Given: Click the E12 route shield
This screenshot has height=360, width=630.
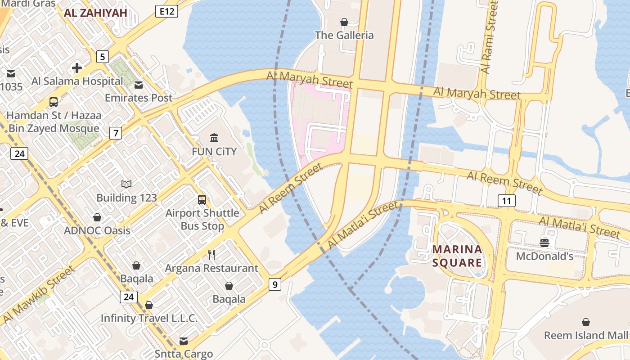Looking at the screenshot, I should [x=166, y=11].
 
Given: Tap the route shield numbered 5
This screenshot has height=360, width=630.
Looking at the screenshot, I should [x=103, y=57].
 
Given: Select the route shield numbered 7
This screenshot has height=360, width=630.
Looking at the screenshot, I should [x=116, y=133].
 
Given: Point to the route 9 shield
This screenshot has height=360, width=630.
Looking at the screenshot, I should [x=275, y=284].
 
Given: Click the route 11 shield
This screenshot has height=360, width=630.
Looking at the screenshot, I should [x=506, y=201].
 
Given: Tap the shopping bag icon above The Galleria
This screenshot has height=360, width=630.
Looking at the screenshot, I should [x=344, y=22].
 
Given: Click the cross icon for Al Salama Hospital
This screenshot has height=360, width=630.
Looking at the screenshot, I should [x=77, y=68].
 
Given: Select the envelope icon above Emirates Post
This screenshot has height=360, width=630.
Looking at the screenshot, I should [x=139, y=85].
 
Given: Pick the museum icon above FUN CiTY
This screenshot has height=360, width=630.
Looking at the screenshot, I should [x=214, y=138].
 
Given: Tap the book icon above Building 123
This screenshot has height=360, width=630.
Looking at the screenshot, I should [x=126, y=184].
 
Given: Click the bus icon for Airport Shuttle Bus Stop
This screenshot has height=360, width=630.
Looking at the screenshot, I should [x=202, y=199].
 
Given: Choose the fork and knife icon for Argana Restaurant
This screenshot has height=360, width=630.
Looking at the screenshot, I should [x=211, y=255].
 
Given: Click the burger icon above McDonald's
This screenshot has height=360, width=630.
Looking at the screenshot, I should [x=544, y=243].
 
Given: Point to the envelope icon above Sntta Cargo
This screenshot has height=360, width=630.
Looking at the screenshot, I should [x=184, y=341].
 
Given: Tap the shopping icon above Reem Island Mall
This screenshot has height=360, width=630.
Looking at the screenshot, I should [x=586, y=322].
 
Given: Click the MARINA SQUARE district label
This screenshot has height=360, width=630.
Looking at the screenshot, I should [x=457, y=256].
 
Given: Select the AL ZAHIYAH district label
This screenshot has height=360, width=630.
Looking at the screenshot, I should [x=95, y=13].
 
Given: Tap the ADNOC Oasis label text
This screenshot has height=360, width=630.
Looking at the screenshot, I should [x=97, y=230].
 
